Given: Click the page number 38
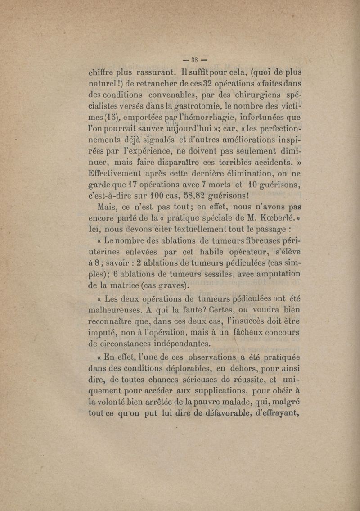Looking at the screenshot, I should click(196, 60).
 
